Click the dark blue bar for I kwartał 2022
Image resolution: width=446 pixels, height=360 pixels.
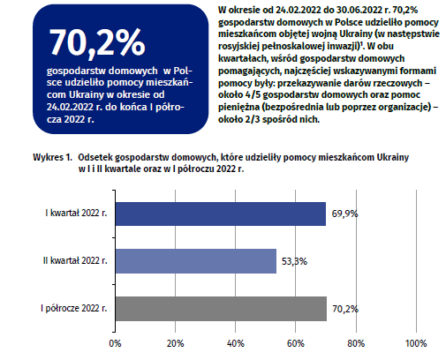[x=221, y=214]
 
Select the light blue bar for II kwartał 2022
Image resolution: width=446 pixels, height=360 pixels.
[x=196, y=261]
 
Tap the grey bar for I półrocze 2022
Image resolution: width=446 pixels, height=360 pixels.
[x=221, y=309]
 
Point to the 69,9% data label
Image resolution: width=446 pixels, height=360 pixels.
[x=344, y=214]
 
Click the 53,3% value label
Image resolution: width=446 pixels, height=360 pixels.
[x=294, y=261]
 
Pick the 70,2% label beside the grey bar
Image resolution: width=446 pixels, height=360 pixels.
[x=345, y=309]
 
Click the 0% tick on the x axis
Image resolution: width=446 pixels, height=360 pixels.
[x=115, y=343]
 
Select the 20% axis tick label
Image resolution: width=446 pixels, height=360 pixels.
[x=176, y=343]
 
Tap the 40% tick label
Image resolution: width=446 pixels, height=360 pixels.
[x=236, y=343]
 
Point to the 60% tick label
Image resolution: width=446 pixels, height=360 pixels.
[x=296, y=343]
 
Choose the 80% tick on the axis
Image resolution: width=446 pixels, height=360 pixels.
[x=356, y=343]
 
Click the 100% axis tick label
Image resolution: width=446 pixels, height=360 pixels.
[x=416, y=343]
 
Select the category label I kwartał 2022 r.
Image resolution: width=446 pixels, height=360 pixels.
[x=76, y=213]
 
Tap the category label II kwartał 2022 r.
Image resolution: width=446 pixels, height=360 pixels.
[x=75, y=260]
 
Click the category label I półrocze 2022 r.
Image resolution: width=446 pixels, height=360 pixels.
[x=74, y=308]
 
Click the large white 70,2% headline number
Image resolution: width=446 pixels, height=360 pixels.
[x=97, y=42]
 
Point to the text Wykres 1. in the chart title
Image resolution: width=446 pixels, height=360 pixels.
[x=52, y=157]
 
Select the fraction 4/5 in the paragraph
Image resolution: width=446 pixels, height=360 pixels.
[x=253, y=94]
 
